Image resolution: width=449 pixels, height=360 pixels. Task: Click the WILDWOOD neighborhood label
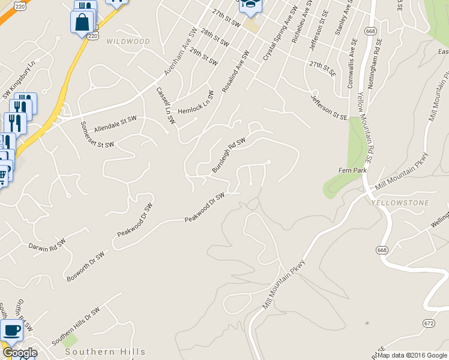128,41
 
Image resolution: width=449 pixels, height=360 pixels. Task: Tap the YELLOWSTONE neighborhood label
400,203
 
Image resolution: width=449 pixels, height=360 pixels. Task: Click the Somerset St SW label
97,137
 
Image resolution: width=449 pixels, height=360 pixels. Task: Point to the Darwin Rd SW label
47,245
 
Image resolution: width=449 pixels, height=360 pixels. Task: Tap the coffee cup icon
11,329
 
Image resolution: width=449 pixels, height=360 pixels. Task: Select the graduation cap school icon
250,4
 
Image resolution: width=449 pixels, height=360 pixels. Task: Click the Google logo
19,353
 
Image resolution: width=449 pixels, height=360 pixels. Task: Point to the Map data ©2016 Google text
413,355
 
